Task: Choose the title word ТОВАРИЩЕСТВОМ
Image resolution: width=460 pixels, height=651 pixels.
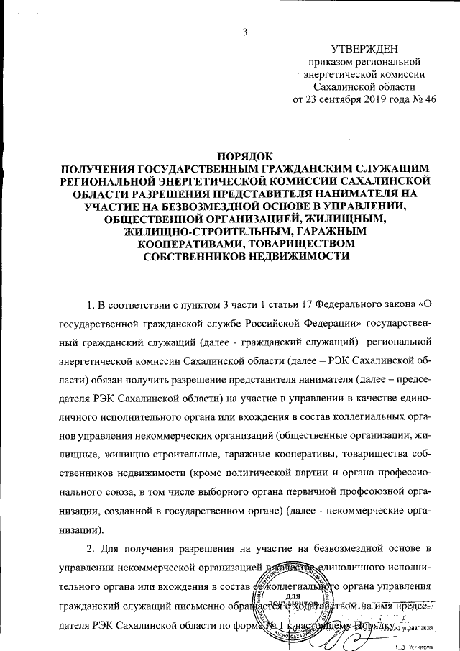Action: click(296, 245)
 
